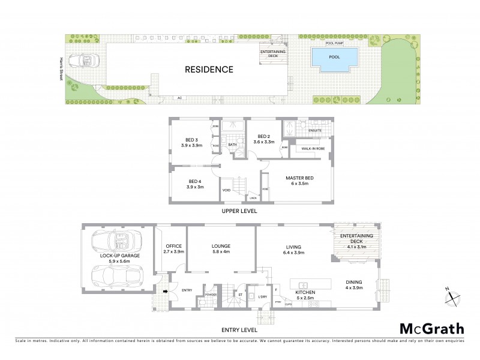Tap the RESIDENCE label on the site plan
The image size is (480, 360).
tap(209, 70)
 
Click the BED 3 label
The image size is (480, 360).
tap(192, 140)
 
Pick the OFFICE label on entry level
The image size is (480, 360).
tap(174, 246)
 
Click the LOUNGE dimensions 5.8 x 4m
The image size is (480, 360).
tap(221, 252)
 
